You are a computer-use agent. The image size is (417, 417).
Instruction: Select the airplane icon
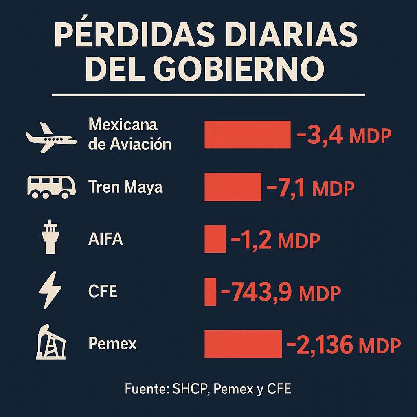(x=51, y=138)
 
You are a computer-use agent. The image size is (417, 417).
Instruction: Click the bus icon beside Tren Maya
(x=51, y=187)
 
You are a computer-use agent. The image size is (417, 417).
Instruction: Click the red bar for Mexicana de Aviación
(x=247, y=134)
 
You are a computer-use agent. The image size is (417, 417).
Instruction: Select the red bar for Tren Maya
(x=233, y=187)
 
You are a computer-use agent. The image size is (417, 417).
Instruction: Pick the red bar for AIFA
(x=215, y=239)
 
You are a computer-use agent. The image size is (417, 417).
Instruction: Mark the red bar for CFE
(x=210, y=291)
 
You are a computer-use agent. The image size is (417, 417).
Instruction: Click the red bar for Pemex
(x=243, y=344)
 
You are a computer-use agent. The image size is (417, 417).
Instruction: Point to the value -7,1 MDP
(x=310, y=188)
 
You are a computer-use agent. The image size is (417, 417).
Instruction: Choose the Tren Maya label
(x=125, y=187)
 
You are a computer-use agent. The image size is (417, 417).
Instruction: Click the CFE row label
(x=103, y=292)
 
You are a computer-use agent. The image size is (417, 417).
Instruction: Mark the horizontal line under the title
(x=208, y=95)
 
